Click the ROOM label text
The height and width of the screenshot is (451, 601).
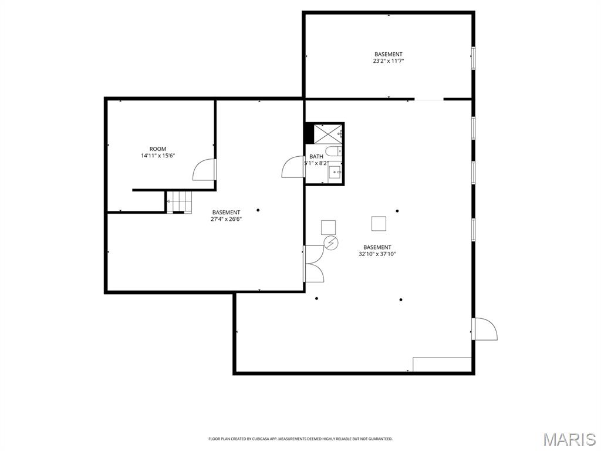(x=158, y=149)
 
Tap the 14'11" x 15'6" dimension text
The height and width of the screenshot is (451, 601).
(x=158, y=156)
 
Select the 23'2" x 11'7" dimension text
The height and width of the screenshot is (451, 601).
(x=389, y=61)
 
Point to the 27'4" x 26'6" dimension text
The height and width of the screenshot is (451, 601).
(x=226, y=220)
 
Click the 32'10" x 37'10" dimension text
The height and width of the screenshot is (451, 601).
(x=377, y=254)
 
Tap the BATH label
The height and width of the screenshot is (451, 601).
(x=316, y=156)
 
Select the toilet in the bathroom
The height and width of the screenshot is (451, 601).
(x=333, y=152)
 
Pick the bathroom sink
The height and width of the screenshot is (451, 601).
(x=335, y=172)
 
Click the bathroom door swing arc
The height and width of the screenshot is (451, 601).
(x=292, y=167)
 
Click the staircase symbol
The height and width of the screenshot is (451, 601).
(x=178, y=201)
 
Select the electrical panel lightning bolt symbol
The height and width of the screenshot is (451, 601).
(x=331, y=242)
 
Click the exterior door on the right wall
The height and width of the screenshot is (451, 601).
(x=486, y=329)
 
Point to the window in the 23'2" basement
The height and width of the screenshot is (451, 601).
(x=473, y=58)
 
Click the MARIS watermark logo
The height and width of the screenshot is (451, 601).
(x=569, y=439)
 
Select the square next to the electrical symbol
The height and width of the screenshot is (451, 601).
(x=328, y=227)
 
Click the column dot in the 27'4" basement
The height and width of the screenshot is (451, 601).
(x=258, y=210)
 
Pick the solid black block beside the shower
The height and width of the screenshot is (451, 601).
(x=309, y=133)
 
